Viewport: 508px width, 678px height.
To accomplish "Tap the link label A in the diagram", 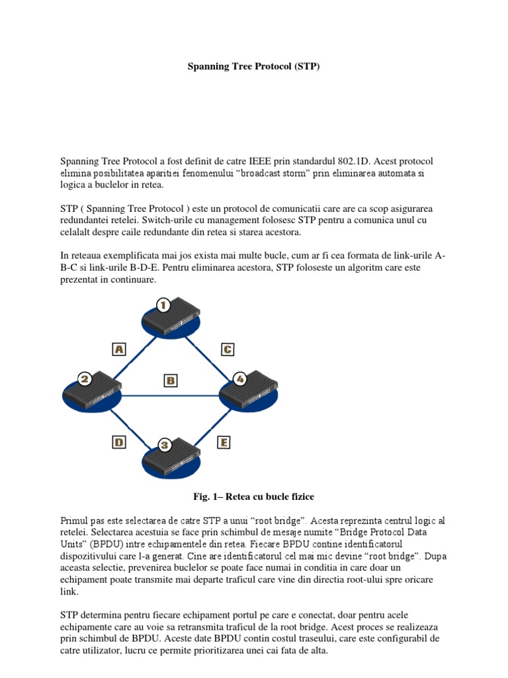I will pos(120,349).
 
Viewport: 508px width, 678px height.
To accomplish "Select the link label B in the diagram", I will pos(171,380).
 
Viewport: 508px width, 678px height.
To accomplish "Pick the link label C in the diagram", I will pos(227,349).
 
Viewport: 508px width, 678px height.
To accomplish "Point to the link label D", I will pos(119,442).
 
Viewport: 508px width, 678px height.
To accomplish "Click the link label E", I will pos(223,442).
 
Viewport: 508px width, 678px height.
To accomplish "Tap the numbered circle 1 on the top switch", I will pos(163,305).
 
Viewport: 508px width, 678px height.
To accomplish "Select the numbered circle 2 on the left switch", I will pos(84,379).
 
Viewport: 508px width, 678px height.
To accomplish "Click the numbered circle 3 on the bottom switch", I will pos(165,444).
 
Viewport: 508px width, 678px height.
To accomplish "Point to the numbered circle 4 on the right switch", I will pos(240,379).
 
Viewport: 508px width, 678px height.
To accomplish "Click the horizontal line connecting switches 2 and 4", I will pos(171,396).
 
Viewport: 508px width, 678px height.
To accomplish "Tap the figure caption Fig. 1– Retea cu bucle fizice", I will pos(254,497).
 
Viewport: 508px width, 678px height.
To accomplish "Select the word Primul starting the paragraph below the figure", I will pos(75,519).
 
